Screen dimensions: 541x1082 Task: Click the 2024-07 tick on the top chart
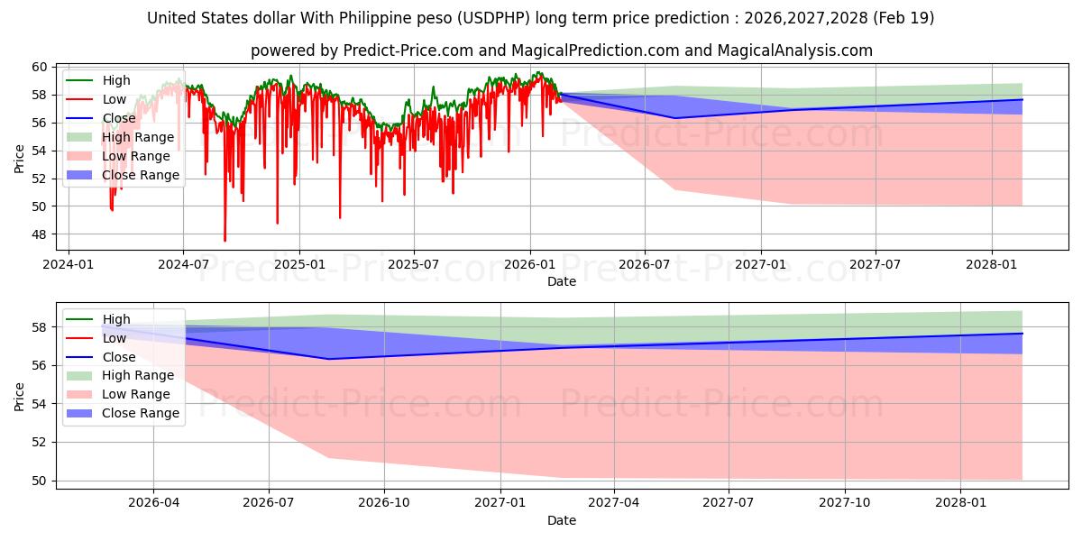(183, 264)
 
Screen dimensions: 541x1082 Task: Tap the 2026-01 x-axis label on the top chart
(529, 264)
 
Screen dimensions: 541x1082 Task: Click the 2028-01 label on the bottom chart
(961, 503)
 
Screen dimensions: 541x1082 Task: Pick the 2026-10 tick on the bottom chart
(384, 503)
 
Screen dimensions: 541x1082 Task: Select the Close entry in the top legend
(119, 118)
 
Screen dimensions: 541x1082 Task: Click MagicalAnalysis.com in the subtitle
(795, 50)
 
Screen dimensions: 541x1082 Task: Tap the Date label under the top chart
(561, 281)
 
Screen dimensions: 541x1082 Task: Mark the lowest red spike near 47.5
(225, 240)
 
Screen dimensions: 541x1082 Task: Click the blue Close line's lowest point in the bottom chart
(327, 359)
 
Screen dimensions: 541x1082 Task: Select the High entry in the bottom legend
(116, 319)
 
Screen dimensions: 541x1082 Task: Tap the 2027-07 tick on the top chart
(876, 264)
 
